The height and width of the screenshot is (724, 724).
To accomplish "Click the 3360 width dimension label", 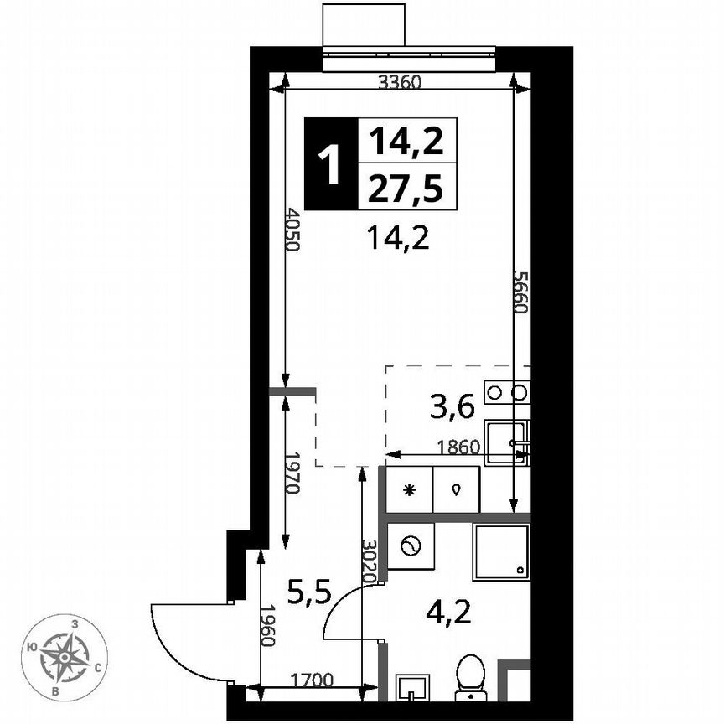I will [399, 82].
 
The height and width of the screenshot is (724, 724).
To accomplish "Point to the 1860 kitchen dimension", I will [458, 447].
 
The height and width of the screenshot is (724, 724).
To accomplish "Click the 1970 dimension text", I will [292, 473].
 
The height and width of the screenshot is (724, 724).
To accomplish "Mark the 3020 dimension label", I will [367, 561].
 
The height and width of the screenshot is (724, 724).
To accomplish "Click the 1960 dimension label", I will [267, 626].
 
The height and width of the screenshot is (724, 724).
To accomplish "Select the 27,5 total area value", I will [407, 188].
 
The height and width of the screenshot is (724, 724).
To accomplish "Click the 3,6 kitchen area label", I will [452, 408].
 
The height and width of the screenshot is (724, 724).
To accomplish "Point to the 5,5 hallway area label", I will [309, 592].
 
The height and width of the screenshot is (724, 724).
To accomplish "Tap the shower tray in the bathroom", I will [501, 552].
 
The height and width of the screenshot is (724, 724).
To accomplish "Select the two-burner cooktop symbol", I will [509, 391].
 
